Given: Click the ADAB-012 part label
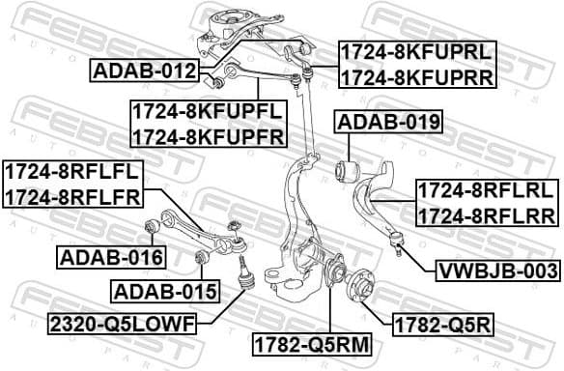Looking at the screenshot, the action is coord(146,71).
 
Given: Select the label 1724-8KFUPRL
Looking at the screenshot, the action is coord(414,51).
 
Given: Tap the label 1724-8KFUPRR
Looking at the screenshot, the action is coord(414,76).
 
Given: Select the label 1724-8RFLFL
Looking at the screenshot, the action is coord(72,173).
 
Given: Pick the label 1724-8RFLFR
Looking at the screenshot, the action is coord(72,198).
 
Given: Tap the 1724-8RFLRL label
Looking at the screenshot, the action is coord(480,190).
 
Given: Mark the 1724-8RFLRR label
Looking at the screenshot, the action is coord(480,215).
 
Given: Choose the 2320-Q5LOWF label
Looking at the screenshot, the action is coord(131,322).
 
